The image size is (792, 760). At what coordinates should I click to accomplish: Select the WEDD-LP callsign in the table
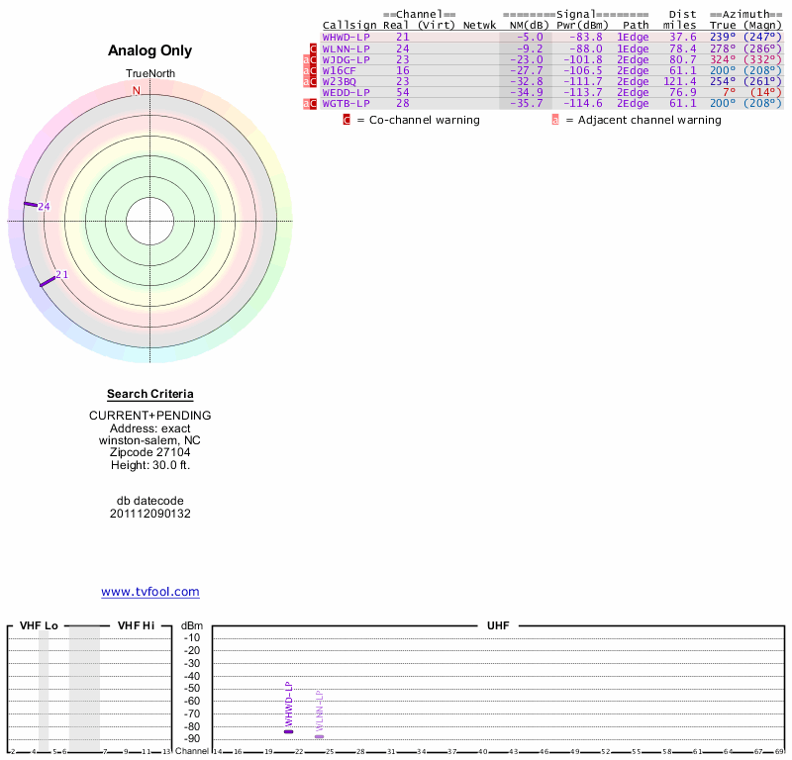346,92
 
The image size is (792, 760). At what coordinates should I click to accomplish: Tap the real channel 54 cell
403,92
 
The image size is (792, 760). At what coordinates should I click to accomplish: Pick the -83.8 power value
584,37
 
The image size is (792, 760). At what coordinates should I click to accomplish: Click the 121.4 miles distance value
680,81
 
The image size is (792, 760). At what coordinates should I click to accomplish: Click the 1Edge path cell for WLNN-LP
633,47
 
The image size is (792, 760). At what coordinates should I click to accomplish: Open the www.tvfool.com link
150,592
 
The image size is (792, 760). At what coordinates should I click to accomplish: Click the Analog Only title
150,50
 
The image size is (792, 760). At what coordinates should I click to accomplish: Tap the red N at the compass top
137,91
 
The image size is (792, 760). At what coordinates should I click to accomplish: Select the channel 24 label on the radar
44,206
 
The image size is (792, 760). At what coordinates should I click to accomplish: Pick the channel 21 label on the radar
61,274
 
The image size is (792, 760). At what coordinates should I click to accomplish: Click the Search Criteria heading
150,394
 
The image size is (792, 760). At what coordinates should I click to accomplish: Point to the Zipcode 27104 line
150,452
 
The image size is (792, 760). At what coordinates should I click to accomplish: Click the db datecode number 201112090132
150,514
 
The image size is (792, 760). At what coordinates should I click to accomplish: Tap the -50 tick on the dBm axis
192,688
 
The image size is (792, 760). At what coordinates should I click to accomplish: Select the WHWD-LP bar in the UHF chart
289,731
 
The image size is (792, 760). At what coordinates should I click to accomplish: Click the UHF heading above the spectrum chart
498,625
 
